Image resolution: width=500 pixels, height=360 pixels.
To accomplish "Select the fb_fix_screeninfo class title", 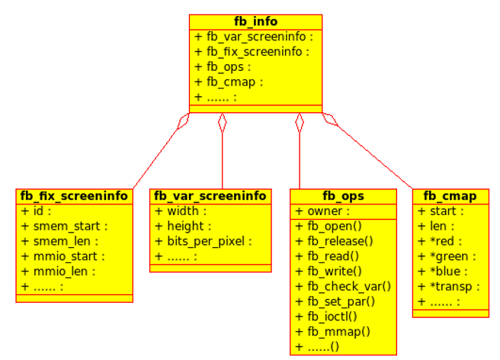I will tap(74, 196).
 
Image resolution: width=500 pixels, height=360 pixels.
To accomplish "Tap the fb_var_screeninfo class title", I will tap(210, 196).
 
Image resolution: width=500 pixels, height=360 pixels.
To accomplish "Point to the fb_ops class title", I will tap(343, 196).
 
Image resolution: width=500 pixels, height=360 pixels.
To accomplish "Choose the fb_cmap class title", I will tap(450, 196).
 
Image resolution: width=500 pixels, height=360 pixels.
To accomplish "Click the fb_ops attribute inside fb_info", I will tap(223, 66).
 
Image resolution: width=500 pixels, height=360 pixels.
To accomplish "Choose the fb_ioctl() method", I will tap(332, 316).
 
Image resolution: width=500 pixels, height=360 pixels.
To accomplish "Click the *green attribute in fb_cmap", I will tap(447, 256).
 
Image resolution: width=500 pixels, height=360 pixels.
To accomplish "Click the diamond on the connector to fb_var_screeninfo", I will tap(223, 122).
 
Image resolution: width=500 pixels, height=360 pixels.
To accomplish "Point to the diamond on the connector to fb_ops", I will tap(300, 122).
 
